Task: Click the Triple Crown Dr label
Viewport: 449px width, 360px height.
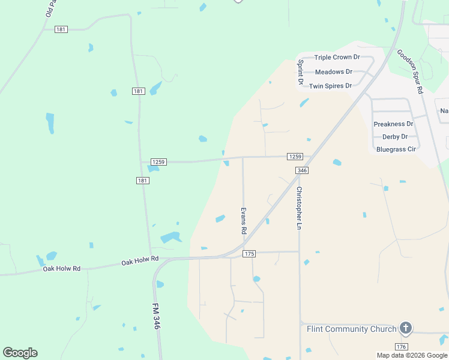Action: (337, 57)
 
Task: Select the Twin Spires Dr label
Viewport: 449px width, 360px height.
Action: (330, 86)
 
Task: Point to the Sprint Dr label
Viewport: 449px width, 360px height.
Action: (301, 71)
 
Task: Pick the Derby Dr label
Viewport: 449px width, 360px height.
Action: (395, 137)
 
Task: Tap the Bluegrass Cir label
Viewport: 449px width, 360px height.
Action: (396, 149)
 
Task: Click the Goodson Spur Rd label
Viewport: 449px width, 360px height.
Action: (411, 71)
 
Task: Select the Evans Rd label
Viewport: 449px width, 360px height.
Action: (244, 221)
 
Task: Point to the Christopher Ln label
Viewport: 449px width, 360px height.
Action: (299, 208)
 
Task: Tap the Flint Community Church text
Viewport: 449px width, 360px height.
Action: (352, 329)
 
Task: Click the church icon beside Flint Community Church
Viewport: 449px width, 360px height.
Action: (406, 328)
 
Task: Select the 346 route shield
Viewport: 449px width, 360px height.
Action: (302, 171)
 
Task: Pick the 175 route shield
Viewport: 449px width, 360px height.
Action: (250, 254)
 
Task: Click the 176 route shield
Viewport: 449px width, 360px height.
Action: (402, 347)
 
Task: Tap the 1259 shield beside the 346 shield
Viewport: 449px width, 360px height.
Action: (294, 157)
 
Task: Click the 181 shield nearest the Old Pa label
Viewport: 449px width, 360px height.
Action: (61, 29)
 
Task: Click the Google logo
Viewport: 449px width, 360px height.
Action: (20, 353)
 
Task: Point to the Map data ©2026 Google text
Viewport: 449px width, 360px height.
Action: (412, 355)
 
